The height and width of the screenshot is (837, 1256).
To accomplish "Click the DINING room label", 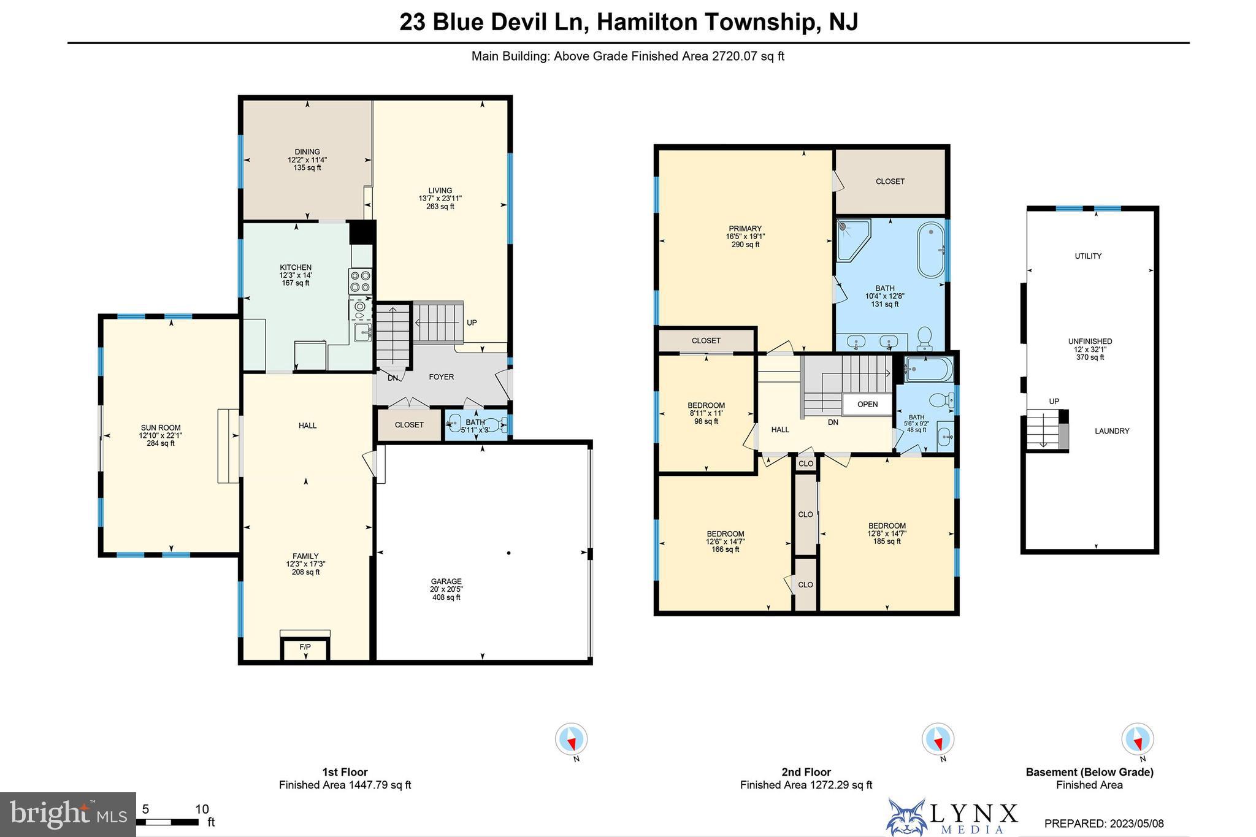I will click(307, 152).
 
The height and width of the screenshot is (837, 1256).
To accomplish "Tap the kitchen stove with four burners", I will click(361, 281).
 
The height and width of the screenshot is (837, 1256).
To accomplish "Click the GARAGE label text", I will click(446, 581).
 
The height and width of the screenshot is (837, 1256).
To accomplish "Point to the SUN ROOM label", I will click(161, 428).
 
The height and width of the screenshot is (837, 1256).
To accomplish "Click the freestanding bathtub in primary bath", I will click(931, 250).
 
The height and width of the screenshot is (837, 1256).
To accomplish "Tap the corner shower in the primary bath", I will click(852, 239).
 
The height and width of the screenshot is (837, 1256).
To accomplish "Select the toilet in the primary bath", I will click(924, 337).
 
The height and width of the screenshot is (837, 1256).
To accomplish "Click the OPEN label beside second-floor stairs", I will click(867, 404).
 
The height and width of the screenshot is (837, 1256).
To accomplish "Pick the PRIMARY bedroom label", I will click(745, 229).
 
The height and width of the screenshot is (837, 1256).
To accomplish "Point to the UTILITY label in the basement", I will click(1088, 256).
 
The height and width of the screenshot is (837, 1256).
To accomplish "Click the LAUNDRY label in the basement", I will click(1112, 431).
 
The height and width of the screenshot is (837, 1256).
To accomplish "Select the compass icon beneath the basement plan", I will click(1137, 739).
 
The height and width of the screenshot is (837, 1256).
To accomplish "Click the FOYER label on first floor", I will click(441, 377).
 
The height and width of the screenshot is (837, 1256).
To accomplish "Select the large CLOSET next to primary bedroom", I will click(890, 182).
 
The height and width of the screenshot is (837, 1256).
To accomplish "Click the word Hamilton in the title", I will click(647, 22).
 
